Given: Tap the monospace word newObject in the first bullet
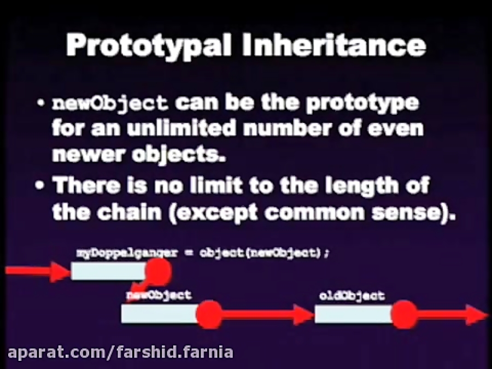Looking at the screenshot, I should pyautogui.click(x=109, y=103).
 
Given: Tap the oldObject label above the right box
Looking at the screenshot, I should pyautogui.click(x=352, y=296).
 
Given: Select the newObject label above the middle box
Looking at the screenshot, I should pyautogui.click(x=159, y=295).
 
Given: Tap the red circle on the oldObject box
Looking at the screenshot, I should pyautogui.click(x=405, y=315).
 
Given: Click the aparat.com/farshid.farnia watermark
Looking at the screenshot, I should pyautogui.click(x=118, y=352).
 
